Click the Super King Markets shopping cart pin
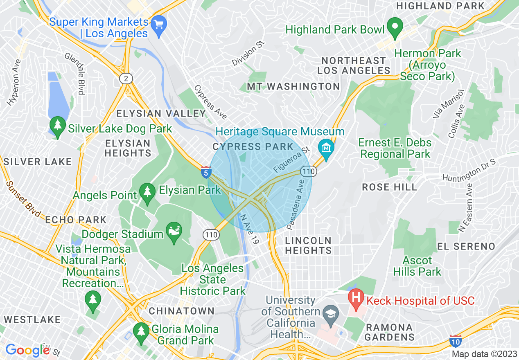158,24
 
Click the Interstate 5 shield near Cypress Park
206,172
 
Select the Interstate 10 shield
455,341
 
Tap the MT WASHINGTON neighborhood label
293,87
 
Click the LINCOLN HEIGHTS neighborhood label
308,245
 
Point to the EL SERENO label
466,246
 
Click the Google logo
28,350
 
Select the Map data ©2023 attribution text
484,354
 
